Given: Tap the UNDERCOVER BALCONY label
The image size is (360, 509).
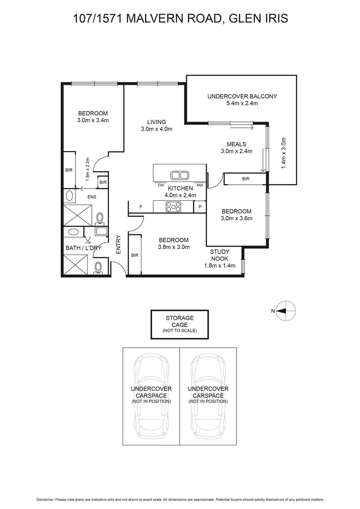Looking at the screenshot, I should (x=242, y=96).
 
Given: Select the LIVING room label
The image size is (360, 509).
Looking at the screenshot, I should (x=156, y=122).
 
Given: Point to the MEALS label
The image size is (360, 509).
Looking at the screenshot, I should (x=237, y=144).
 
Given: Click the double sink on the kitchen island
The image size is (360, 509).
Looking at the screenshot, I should (x=179, y=175).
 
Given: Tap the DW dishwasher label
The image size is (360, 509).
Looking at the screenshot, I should (x=161, y=185).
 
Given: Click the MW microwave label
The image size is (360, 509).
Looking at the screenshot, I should (x=199, y=185).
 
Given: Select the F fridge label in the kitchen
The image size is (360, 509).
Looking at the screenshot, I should (x=140, y=206).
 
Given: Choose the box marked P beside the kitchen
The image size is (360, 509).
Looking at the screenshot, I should (x=200, y=206).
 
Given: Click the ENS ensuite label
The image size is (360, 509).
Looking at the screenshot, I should (x=91, y=197).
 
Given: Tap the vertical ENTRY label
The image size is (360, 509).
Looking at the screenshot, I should (x=118, y=245).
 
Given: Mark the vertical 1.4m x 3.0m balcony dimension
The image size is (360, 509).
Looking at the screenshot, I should (x=284, y=154).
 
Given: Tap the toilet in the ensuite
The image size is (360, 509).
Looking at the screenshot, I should (x=99, y=218).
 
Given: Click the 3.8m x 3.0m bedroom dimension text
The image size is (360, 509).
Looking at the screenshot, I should (x=173, y=247).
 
